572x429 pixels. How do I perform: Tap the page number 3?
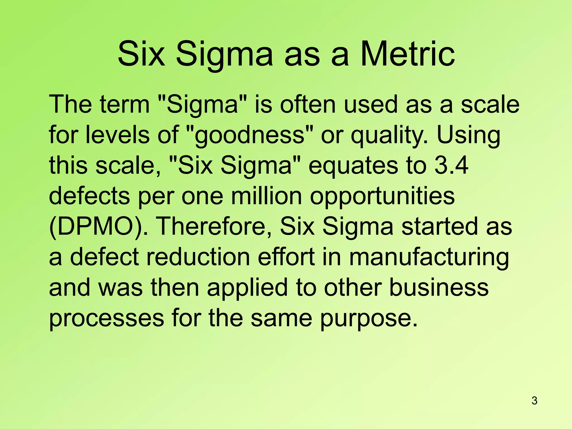[534, 401]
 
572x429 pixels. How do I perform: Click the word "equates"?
[353, 166]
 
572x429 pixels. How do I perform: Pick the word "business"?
[439, 287]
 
